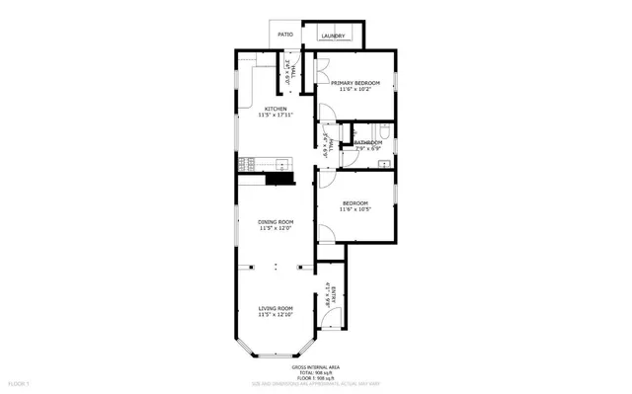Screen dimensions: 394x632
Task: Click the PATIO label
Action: point(285,35)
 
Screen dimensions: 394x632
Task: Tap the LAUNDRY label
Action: point(333,37)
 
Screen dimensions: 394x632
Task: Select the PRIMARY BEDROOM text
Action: point(355,84)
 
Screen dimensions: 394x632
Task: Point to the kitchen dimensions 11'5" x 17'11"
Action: point(276,116)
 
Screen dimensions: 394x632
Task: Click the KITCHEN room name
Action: point(276,109)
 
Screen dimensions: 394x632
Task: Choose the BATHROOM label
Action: point(368,142)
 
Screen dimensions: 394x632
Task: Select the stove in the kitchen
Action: point(250,161)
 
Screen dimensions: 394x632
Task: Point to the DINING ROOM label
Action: point(276,222)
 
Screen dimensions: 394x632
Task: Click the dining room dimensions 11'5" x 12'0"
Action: point(276,229)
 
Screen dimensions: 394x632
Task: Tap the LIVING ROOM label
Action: point(276,309)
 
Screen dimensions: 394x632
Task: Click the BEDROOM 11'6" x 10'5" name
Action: point(355,203)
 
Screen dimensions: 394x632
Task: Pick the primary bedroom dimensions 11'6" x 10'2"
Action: point(355,91)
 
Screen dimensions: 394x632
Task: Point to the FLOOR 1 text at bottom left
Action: point(20,381)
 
